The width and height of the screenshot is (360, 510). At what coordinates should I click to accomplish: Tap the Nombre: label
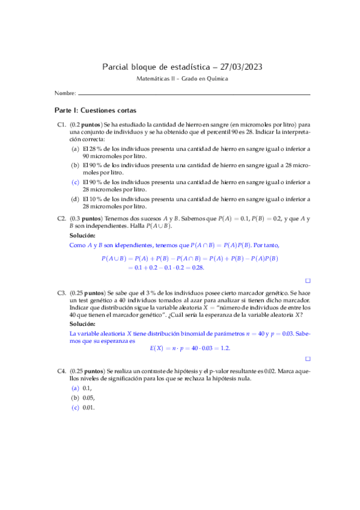point(64,94)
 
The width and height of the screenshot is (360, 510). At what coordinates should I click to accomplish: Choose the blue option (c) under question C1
point(75,182)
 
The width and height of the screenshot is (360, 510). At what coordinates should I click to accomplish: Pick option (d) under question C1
point(75,198)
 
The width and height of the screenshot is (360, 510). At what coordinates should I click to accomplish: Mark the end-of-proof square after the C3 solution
point(308,359)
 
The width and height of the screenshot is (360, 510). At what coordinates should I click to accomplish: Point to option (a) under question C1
point(75,148)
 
